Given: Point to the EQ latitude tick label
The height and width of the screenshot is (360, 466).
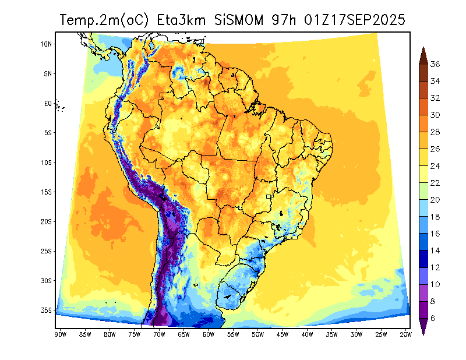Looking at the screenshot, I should point(48,103).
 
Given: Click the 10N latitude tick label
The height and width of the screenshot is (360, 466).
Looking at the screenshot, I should point(47,44).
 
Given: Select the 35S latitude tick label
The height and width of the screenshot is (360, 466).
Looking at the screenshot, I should point(47,310).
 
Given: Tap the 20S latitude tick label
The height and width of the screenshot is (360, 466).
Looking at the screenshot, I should point(47,221).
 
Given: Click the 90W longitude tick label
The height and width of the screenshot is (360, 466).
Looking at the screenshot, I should point(60,334).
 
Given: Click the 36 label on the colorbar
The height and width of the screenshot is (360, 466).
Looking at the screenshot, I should point(435,64).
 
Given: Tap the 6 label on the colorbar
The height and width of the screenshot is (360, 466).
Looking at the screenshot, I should point(433,318).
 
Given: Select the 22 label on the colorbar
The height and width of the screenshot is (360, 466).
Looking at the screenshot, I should point(435,183).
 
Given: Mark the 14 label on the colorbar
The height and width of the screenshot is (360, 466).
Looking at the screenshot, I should point(435,250).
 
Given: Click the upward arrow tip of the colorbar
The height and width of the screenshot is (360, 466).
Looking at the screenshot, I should point(423,48).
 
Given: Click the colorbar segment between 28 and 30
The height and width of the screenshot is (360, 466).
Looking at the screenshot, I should point(423,123).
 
